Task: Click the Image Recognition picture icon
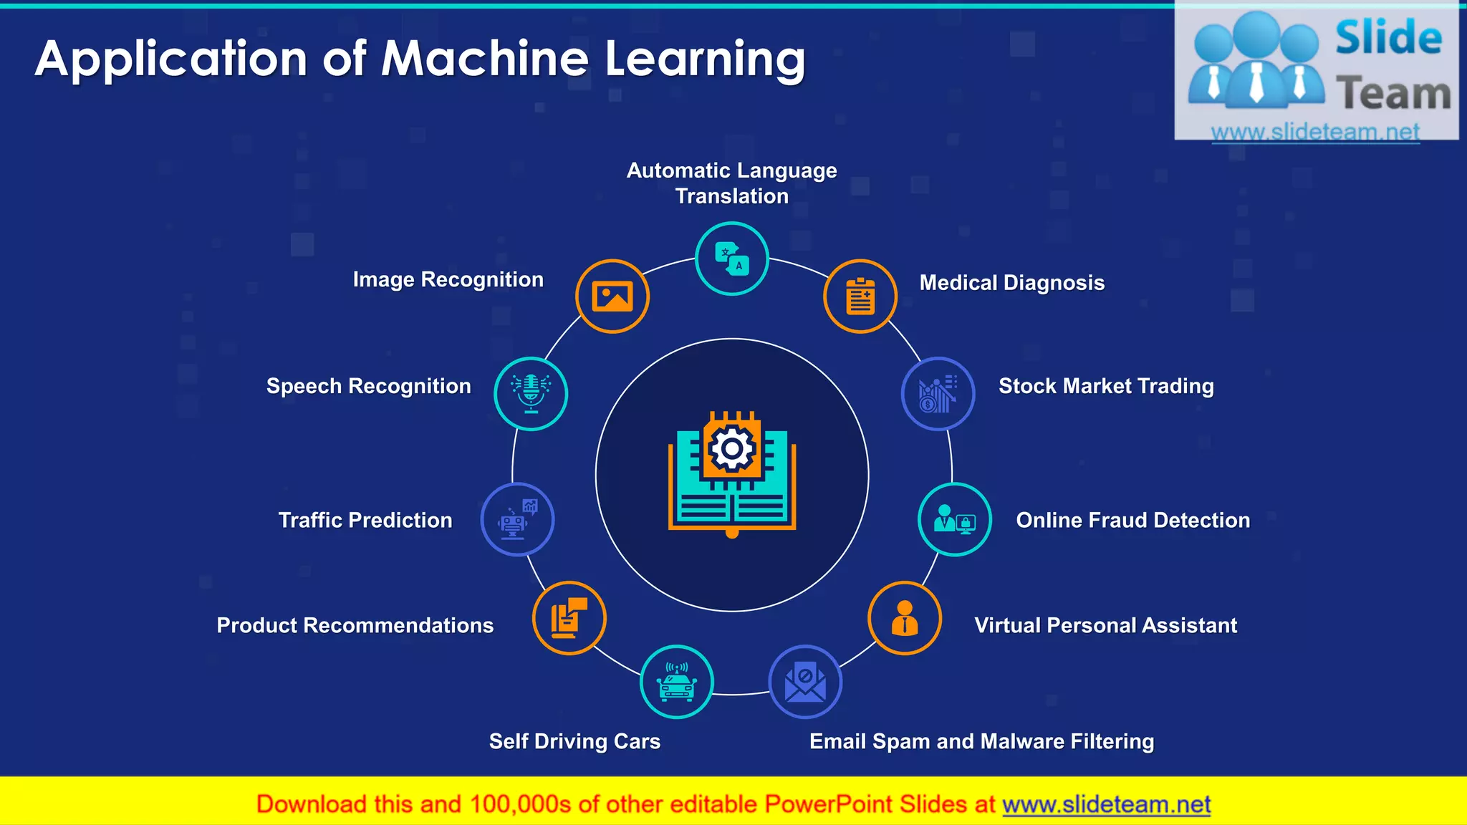(x=612, y=296)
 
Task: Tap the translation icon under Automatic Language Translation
(x=732, y=259)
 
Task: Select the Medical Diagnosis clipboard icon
(x=860, y=296)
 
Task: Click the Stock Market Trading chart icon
(x=938, y=394)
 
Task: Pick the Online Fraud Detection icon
(x=955, y=519)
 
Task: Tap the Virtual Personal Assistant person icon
(x=905, y=618)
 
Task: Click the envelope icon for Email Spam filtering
(x=805, y=682)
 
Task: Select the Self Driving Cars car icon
(x=677, y=682)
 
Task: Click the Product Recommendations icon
(x=569, y=618)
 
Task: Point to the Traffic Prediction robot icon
(x=517, y=519)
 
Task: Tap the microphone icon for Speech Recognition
(x=531, y=394)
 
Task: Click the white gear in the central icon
(x=731, y=449)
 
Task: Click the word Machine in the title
(x=485, y=59)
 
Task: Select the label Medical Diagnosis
(x=1011, y=283)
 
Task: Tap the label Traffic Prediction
(x=365, y=520)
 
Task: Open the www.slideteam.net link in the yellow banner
(x=1106, y=804)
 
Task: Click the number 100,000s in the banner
(x=520, y=804)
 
